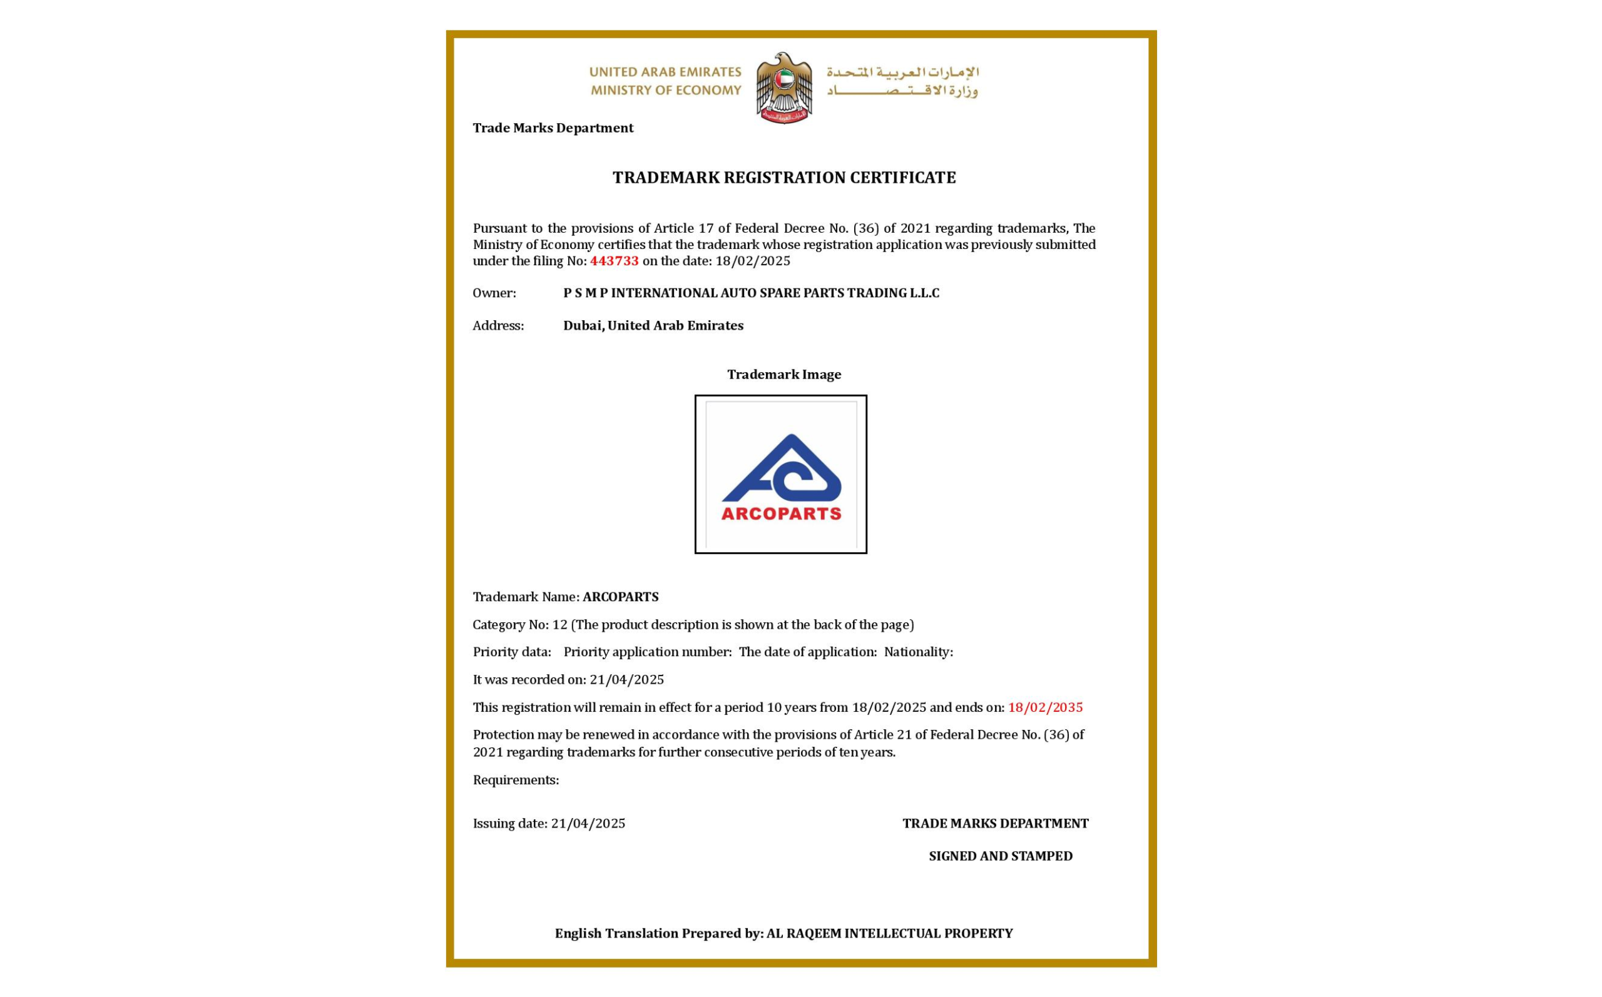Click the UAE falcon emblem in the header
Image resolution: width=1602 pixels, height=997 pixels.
point(783,88)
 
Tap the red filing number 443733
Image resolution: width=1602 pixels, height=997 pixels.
point(614,261)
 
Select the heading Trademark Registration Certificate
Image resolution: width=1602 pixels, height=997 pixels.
point(783,178)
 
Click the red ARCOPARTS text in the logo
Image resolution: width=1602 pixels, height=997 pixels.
point(781,514)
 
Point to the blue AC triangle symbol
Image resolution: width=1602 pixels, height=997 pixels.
point(782,469)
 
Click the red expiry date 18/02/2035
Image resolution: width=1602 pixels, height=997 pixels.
point(1044,707)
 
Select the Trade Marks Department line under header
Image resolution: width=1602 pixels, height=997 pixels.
point(553,128)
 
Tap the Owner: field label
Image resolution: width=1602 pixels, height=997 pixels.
point(494,293)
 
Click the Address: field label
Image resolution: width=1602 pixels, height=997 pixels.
point(498,326)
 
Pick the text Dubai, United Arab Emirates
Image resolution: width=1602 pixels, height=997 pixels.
point(653,326)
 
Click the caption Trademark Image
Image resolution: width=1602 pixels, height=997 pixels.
point(783,375)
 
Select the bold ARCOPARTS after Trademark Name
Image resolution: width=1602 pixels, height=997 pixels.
point(620,597)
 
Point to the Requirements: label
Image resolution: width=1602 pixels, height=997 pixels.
point(516,780)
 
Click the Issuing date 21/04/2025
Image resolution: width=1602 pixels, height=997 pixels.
point(588,824)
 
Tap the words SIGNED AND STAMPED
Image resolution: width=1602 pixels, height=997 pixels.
point(1000,856)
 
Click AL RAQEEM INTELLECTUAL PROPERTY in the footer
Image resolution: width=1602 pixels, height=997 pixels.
point(889,934)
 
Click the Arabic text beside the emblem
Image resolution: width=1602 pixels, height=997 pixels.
point(902,81)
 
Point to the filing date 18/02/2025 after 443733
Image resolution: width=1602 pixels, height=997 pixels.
point(753,261)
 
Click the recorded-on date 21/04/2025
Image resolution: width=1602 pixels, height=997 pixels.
point(626,680)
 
